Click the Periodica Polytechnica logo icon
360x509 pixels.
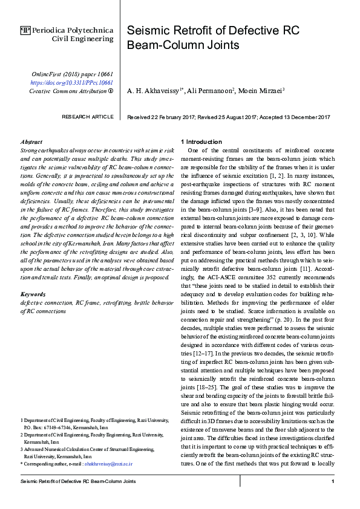25,29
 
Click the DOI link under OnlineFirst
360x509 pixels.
71,82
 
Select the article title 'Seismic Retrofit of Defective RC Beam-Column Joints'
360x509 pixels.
212,37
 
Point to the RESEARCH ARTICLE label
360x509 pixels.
87,116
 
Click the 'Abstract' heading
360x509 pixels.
31,141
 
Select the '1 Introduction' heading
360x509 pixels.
205,141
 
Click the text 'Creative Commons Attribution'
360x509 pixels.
68,91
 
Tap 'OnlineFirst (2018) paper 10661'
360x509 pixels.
72,74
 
